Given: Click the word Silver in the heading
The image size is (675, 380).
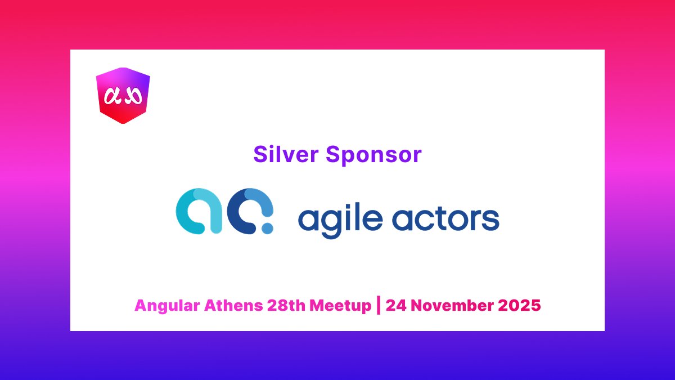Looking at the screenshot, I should [286, 154].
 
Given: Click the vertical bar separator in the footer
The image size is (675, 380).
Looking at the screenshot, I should [378, 306].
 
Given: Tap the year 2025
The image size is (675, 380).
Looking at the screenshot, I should [520, 306].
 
